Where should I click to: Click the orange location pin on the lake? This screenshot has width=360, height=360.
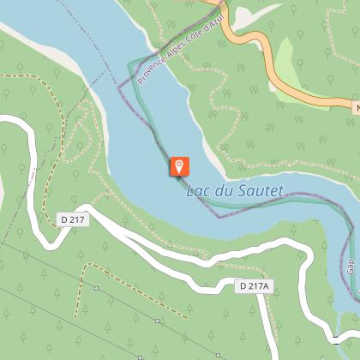(180, 165)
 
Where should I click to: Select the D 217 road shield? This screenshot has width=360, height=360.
(74, 220)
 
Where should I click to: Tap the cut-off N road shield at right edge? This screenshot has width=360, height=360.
(356, 109)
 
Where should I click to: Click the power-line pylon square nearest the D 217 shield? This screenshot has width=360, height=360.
(97, 288)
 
